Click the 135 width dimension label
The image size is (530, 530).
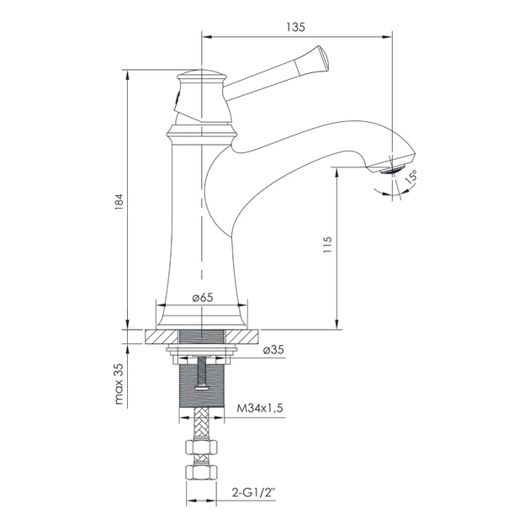296,27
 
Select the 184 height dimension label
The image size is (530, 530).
119,202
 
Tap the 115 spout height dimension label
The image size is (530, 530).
327,245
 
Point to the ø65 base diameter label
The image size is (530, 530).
203,298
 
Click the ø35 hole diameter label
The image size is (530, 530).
273,349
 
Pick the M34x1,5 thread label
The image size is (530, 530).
260,408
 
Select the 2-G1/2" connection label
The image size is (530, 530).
253,493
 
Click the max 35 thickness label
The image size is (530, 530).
119,384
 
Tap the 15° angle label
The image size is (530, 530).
411,177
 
